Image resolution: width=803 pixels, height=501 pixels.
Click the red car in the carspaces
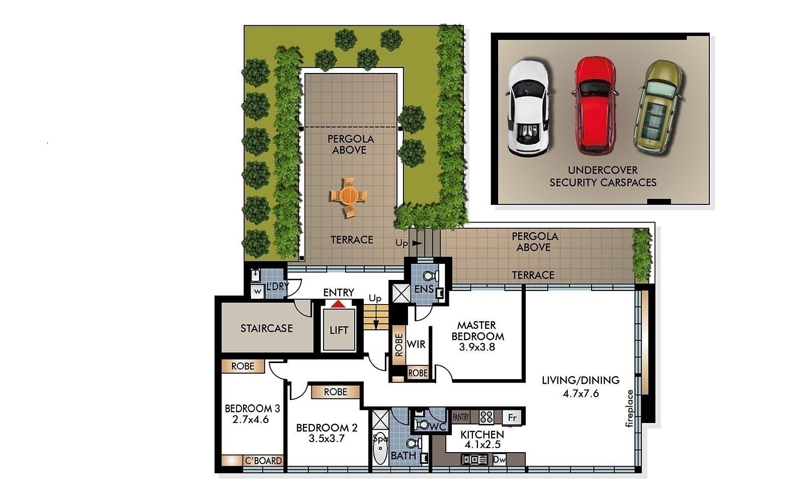pyautogui.click(x=595, y=106)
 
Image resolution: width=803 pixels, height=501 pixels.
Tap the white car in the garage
pyautogui.click(x=528, y=108)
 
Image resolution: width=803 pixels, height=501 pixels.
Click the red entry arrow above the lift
pyautogui.click(x=338, y=304)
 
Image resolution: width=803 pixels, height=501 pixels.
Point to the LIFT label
pyautogui.click(x=339, y=330)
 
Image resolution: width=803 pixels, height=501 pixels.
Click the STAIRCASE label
pyautogui.click(x=266, y=328)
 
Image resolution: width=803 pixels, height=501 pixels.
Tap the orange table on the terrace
pyautogui.click(x=348, y=197)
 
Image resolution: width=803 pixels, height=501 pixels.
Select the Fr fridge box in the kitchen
pyautogui.click(x=513, y=417)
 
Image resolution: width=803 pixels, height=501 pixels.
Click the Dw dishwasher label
pyautogui.click(x=499, y=459)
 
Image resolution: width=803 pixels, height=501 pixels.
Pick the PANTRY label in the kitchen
pyautogui.click(x=461, y=417)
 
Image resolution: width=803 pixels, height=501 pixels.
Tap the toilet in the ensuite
pyautogui.click(x=431, y=276)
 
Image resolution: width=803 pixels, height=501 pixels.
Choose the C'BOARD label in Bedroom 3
pyautogui.click(x=264, y=460)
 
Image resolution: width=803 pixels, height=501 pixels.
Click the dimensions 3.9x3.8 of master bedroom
pyautogui.click(x=477, y=347)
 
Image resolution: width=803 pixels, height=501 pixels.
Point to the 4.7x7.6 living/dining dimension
pyautogui.click(x=581, y=394)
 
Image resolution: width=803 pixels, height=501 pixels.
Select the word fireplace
pyautogui.click(x=629, y=408)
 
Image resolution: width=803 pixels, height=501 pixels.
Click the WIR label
pyautogui.click(x=416, y=344)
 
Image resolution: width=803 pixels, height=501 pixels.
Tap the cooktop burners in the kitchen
pyautogui.click(x=487, y=417)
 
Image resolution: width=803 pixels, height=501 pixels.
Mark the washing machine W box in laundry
pyautogui.click(x=258, y=292)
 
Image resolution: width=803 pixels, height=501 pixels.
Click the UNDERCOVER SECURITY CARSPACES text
pyautogui.click(x=603, y=176)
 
